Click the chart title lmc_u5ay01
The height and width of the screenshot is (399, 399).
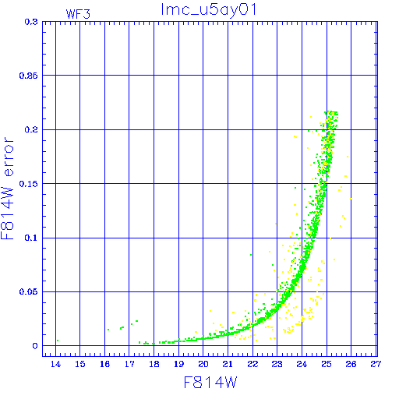coord(209,9)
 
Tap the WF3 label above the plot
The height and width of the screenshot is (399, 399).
coord(78,14)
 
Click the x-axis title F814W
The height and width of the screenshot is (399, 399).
coord(210,383)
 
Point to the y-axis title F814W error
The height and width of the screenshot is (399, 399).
coord(8,188)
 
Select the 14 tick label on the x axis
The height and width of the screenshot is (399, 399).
coord(55,364)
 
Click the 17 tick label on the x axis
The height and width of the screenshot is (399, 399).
coord(129,364)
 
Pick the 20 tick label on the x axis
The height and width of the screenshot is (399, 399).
coord(203,364)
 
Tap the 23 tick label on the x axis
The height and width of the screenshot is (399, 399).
coord(277,364)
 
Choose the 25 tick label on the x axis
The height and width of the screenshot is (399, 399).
coord(327,364)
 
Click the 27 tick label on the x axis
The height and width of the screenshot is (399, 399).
coord(376,364)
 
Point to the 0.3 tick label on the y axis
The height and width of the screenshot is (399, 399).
coord(31,22)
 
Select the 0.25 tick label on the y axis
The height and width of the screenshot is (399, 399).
coord(29,76)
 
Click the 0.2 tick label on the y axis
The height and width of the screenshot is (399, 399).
coord(31,129)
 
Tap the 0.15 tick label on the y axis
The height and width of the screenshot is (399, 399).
coord(29,184)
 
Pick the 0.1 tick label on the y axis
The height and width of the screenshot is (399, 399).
coord(31,238)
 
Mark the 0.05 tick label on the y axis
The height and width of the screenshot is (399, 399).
coord(29,291)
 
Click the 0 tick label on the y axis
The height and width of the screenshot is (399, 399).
coord(35,346)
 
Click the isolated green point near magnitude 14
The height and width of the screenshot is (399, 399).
coord(58,341)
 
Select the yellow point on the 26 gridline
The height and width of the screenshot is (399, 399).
coord(351,199)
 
